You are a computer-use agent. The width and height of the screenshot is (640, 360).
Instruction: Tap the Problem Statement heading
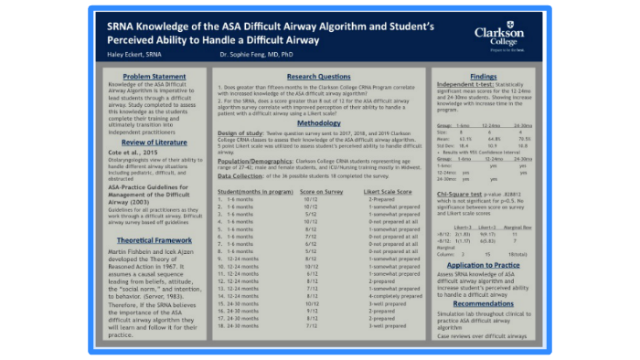pyautogui.click(x=148, y=76)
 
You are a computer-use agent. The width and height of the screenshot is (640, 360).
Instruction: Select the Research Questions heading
pyautogui.click(x=318, y=76)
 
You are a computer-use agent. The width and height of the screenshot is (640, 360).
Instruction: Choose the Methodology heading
pyautogui.click(x=318, y=122)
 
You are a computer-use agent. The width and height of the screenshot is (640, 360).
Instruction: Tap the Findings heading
pyautogui.click(x=483, y=76)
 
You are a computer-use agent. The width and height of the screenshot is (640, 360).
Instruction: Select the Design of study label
pyautogui.click(x=245, y=132)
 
